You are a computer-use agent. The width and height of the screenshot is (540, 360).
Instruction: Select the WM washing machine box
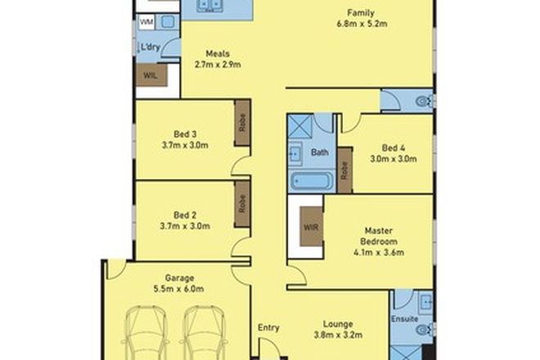click(146, 20)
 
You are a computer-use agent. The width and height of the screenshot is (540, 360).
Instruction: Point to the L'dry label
click(150, 47)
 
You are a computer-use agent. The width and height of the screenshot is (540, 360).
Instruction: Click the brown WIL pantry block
click(151, 75)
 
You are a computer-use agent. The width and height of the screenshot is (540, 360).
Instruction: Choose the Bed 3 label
click(185, 133)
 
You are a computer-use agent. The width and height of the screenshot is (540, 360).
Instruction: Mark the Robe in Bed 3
click(242, 124)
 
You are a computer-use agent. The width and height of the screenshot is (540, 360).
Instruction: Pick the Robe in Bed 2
click(242, 203)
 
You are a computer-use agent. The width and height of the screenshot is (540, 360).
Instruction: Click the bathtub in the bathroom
click(311, 182)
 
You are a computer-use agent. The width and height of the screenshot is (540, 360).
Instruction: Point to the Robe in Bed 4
click(344, 170)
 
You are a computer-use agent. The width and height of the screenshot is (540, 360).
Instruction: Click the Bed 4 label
click(393, 148)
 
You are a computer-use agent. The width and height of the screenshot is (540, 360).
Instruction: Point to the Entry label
click(269, 328)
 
